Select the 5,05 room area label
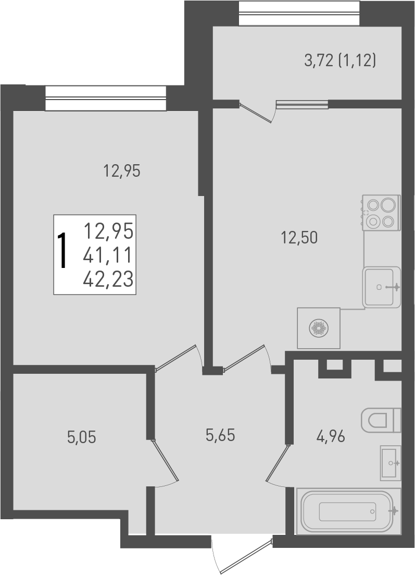click(82, 437)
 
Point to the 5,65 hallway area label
click(220, 434)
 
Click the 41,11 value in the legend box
click(108, 255)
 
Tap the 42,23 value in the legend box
click(108, 279)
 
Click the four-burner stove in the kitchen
click(381, 212)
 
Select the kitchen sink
click(382, 287)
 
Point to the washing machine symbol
click(318, 328)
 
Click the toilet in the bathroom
click(381, 419)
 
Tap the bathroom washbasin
click(390, 462)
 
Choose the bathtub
click(348, 511)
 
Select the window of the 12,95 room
click(106, 98)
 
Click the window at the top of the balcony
click(299, 13)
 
